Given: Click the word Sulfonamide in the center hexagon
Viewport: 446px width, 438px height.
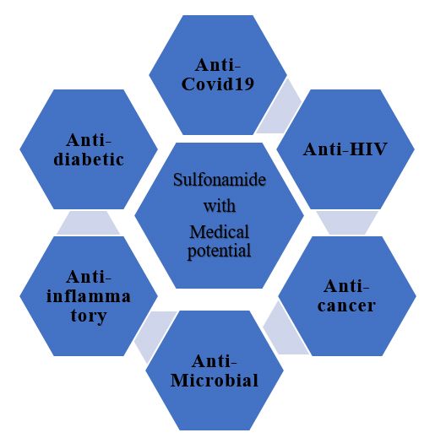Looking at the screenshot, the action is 220,180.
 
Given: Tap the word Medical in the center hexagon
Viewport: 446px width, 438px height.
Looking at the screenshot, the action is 220,231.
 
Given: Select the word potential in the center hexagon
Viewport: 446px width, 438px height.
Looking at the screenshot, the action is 219,251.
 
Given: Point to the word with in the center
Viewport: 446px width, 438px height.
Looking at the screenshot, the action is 220,206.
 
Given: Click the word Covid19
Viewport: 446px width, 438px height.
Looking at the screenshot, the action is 218,84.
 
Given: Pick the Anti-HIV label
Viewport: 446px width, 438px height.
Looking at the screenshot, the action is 345,149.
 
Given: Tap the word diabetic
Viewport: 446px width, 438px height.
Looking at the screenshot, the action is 89,159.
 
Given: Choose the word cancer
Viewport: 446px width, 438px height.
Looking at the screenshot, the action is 346,306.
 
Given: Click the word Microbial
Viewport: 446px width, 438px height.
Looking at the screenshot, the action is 215,380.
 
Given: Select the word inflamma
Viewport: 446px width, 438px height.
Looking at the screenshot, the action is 89,296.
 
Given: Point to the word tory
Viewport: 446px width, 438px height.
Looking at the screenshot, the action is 89,316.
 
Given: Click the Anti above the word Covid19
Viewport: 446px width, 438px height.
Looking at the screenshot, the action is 218,65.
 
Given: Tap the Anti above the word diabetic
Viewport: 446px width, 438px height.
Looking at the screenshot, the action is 89,140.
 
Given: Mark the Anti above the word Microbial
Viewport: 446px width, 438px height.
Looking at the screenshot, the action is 215,361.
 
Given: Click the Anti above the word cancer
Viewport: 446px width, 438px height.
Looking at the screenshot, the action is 346,286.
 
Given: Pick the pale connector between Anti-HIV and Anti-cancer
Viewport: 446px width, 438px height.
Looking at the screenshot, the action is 347,223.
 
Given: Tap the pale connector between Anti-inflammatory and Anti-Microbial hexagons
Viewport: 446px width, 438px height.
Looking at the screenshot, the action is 155,334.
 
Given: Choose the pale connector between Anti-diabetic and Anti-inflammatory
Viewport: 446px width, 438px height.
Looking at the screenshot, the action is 88,223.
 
